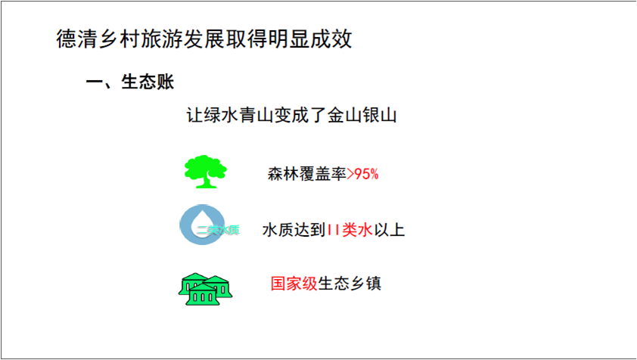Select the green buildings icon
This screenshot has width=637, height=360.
(204, 287)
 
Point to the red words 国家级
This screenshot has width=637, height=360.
(294, 284)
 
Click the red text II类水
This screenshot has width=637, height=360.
(350, 230)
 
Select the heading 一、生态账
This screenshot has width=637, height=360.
(130, 82)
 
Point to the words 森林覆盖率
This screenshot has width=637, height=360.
(306, 175)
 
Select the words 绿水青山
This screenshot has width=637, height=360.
(240, 116)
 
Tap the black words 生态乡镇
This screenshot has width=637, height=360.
(350, 284)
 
